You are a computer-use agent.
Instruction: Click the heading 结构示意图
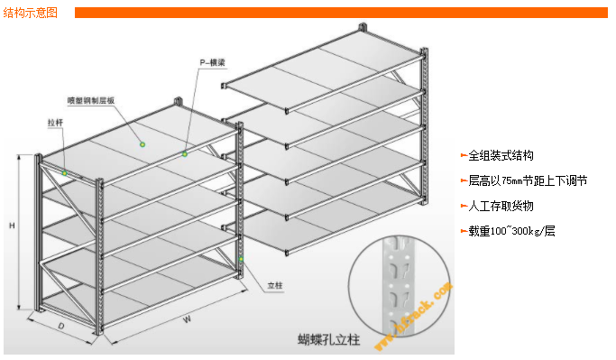[x=32, y=13]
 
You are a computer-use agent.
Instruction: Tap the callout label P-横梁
[x=212, y=63]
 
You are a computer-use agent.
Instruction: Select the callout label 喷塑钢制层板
[x=90, y=100]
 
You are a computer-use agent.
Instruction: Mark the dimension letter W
[x=187, y=318]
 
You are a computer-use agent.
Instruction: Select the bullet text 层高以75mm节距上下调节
[x=528, y=180]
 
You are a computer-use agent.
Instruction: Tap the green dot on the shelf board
[x=141, y=143]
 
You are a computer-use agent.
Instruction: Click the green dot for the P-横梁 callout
[x=184, y=154]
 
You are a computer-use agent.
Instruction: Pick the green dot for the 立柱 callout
[x=242, y=258]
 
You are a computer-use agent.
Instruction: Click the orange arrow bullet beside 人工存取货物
[x=464, y=206]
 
